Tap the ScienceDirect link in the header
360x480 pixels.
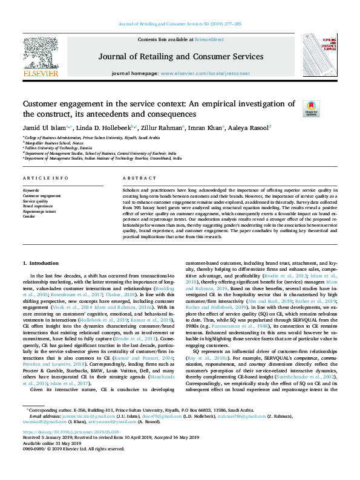tap(208, 39)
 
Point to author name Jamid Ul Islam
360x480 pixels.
tap(46, 128)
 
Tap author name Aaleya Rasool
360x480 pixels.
tap(249, 128)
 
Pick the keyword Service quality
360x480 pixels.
tap(36, 201)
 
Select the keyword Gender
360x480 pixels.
tap(30, 215)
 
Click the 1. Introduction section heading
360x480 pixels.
tap(42, 263)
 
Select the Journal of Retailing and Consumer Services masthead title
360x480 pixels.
tap(180, 57)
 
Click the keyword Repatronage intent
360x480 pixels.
tap(39, 210)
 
